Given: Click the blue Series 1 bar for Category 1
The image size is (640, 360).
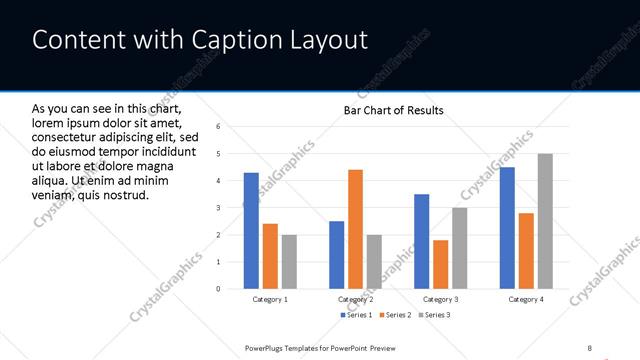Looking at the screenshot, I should click(251, 231).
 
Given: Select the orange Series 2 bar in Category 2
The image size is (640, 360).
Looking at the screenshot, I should click(355, 229).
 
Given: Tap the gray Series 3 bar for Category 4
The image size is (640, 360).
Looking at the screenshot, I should click(545, 221).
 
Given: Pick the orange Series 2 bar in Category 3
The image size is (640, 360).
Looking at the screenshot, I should click(441, 264).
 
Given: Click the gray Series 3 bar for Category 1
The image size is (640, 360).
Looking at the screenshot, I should click(289, 262).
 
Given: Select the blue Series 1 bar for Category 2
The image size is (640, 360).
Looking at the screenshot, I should click(336, 255).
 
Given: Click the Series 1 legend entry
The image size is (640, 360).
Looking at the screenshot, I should click(357, 315).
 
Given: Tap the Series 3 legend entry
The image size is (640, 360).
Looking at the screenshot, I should click(437, 315).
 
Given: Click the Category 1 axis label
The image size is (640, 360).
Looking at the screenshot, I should click(270, 299).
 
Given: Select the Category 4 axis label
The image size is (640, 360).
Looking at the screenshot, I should click(526, 299).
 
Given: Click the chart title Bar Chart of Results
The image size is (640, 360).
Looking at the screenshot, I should click(393, 110).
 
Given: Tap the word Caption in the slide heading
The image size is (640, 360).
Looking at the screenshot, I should click(220, 40).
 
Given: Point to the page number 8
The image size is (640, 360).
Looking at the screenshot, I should click(590, 347).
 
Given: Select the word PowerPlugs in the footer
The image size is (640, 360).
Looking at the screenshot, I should click(267, 347).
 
